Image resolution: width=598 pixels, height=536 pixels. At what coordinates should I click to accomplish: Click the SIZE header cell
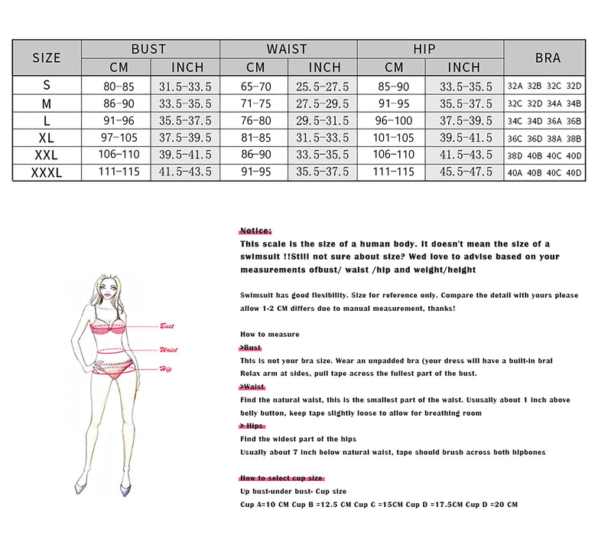[x=47, y=57]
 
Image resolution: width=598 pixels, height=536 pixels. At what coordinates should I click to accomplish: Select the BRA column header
[x=548, y=57]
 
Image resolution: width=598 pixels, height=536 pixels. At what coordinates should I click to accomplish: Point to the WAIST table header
[x=287, y=49]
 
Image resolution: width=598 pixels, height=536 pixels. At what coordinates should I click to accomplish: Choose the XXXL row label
[x=47, y=172]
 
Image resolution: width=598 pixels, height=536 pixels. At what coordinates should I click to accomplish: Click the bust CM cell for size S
[x=118, y=86]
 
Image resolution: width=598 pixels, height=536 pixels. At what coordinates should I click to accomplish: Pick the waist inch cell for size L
[x=322, y=121]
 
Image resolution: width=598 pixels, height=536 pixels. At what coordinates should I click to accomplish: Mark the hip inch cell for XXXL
[x=463, y=172]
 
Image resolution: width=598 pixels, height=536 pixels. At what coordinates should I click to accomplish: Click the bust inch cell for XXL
[x=186, y=155]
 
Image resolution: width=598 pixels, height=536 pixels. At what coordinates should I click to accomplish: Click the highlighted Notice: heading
[x=255, y=230]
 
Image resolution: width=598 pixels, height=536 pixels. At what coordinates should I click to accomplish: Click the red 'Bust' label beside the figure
[x=167, y=326]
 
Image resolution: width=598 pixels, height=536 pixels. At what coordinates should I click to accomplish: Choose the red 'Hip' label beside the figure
[x=165, y=369]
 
